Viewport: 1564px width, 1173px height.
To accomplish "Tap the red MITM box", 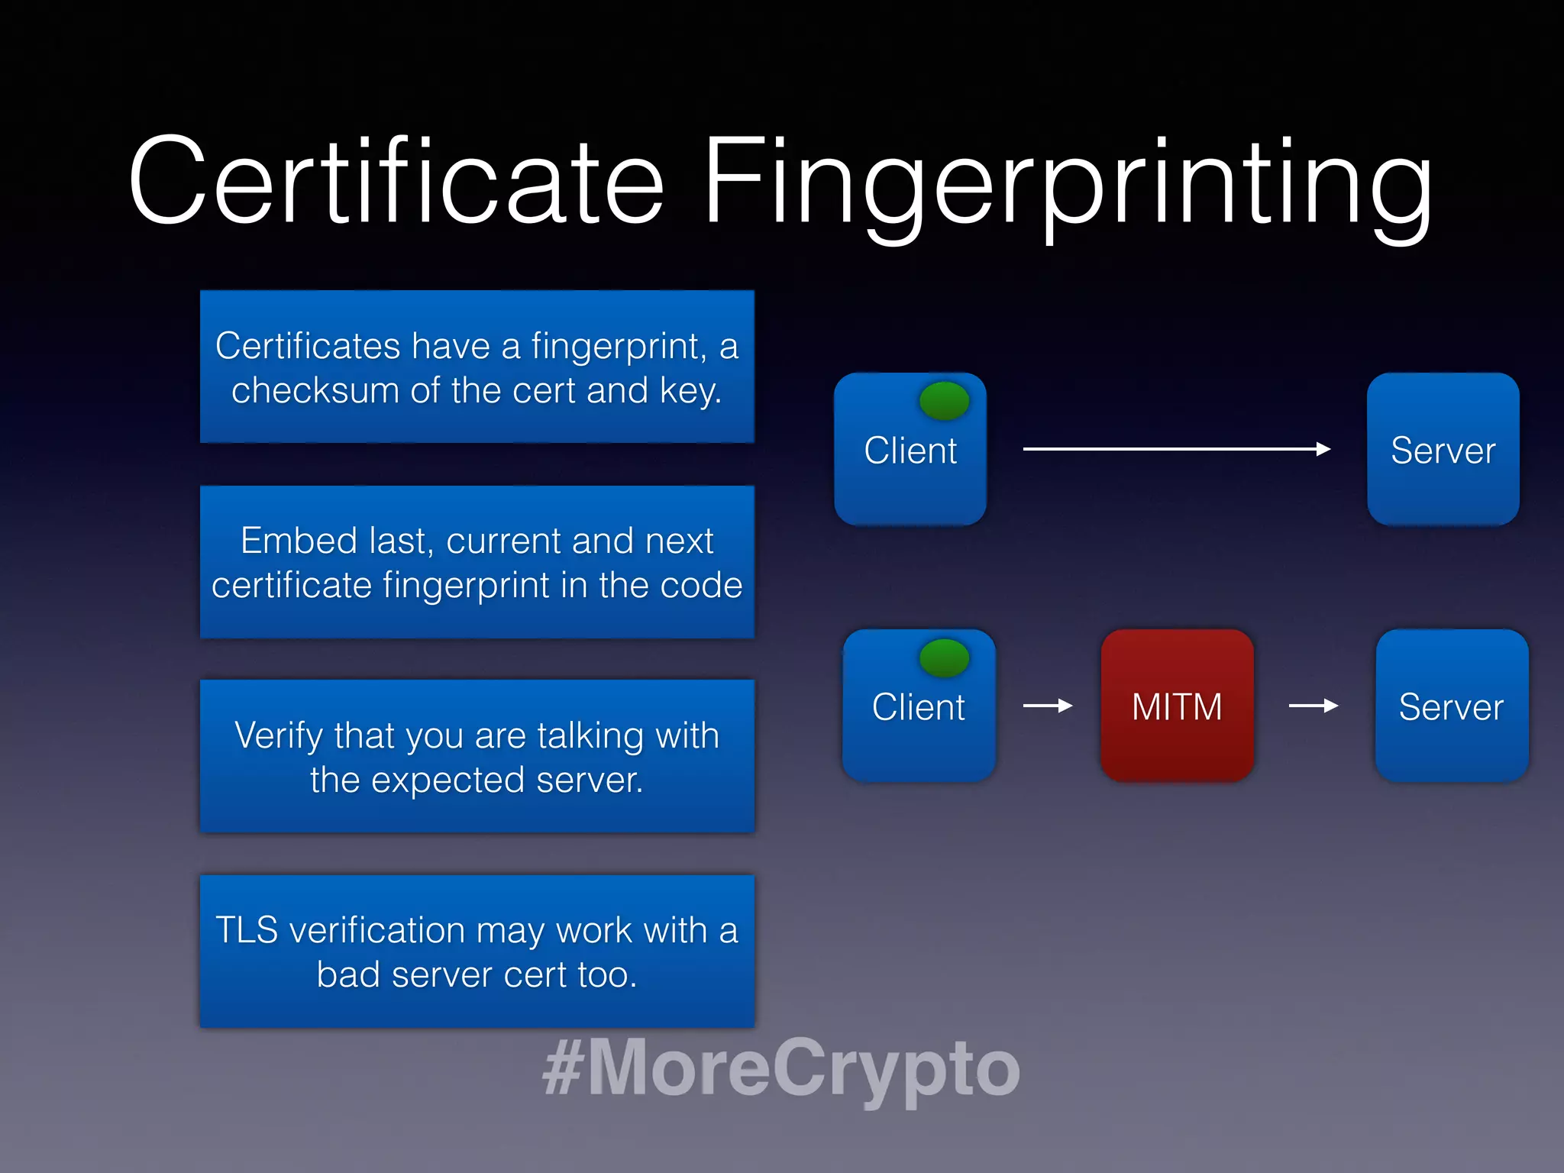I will point(1177,706).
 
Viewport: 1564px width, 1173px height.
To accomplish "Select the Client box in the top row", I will point(910,450).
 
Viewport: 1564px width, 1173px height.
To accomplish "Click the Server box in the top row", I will point(1443,450).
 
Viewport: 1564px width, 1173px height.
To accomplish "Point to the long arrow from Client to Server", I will point(1176,449).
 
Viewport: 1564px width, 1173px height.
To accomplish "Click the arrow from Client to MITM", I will point(1048,706).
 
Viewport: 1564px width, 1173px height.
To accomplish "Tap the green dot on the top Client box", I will point(944,401).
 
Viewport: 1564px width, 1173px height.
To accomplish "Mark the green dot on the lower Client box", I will point(944,658).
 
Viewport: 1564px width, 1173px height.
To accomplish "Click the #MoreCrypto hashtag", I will point(780,1068).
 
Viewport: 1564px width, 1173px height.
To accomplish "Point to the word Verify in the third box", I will point(278,736).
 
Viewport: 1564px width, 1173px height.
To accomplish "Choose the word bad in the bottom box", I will point(348,974).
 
